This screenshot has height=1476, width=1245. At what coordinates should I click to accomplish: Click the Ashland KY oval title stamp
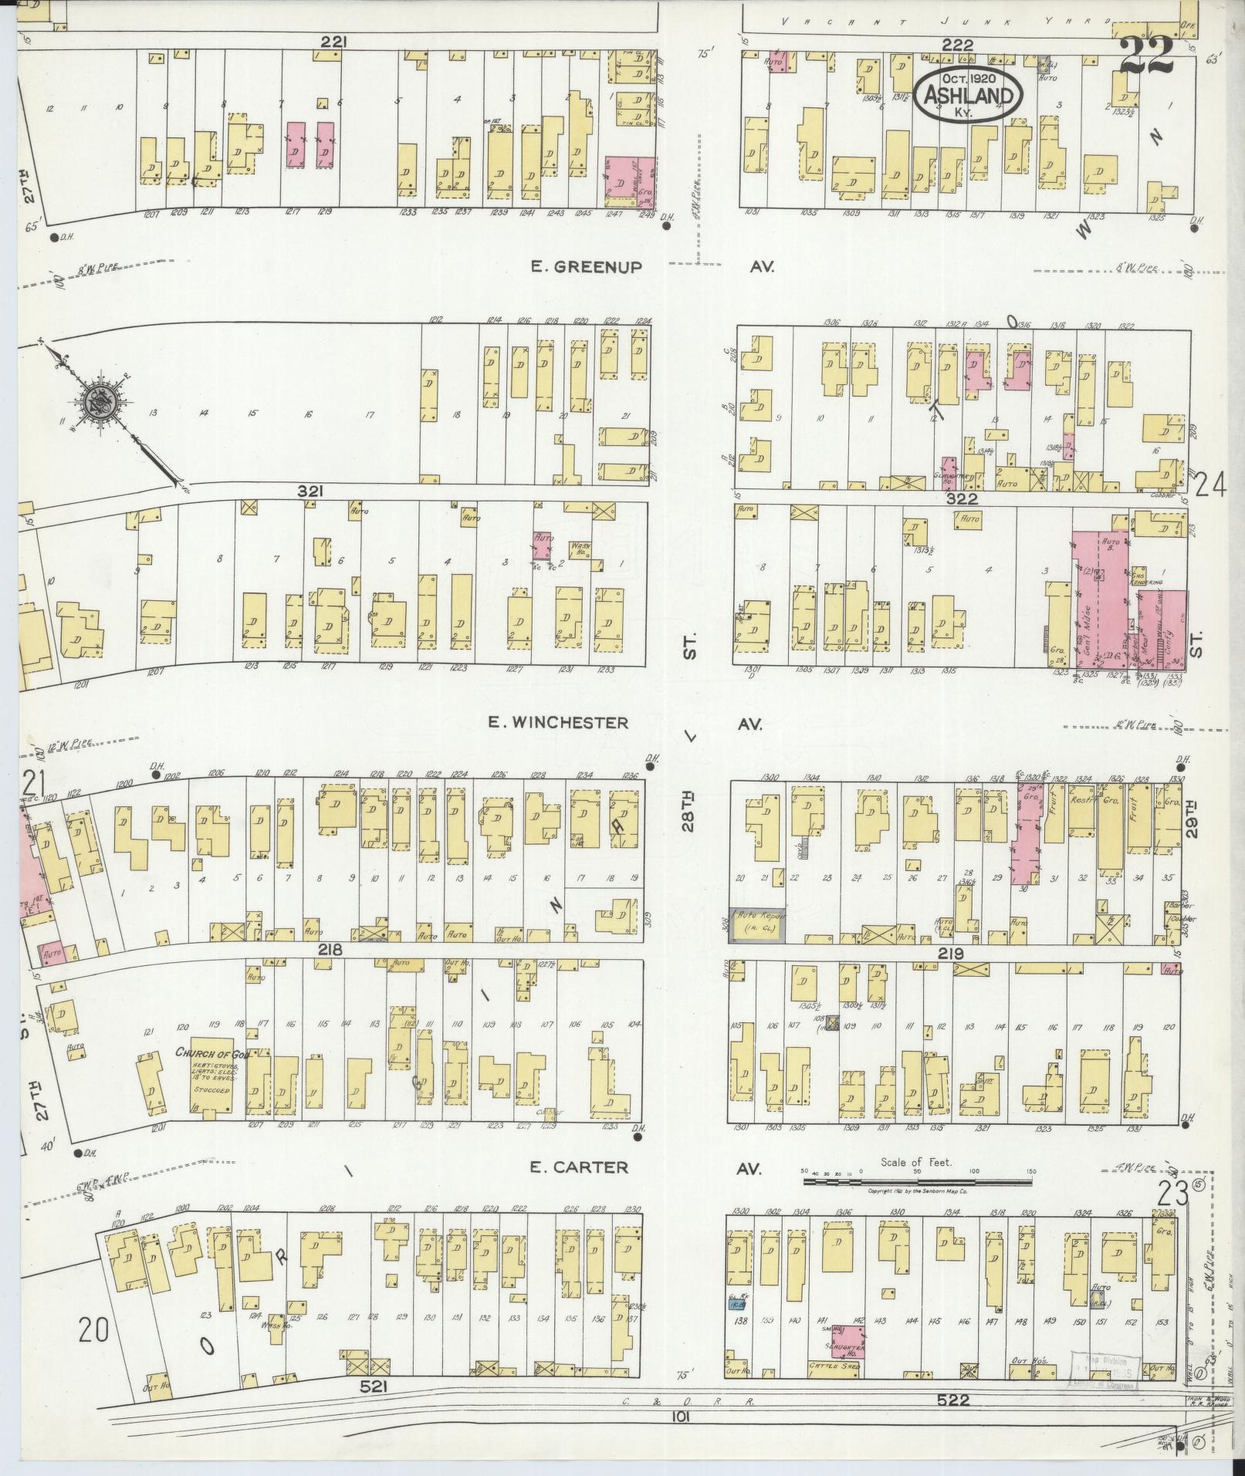point(969,95)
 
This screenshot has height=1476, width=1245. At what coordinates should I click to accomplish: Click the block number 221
point(333,43)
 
